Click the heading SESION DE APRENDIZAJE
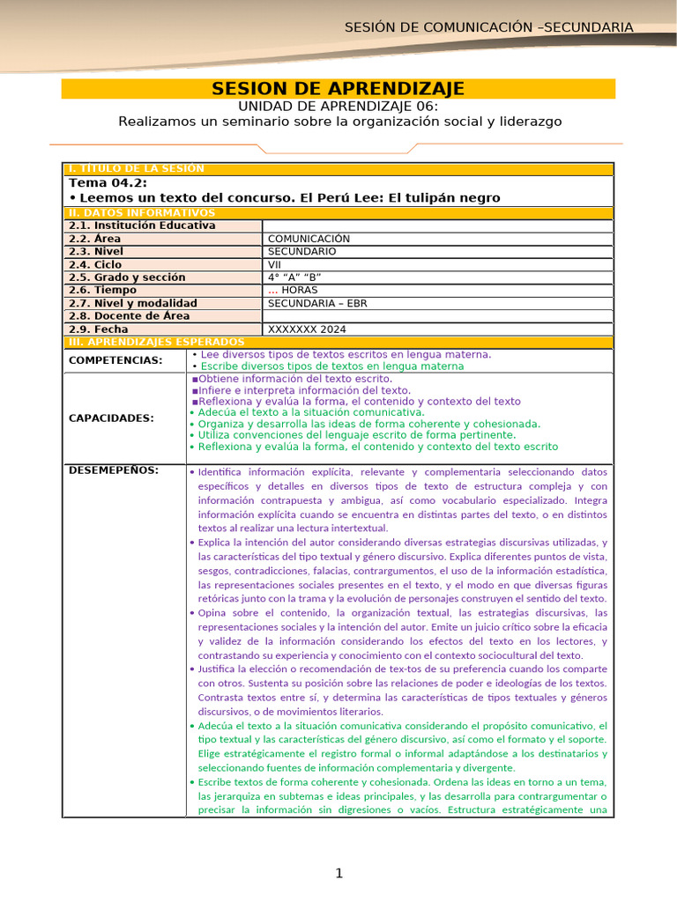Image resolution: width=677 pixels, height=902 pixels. (x=338, y=89)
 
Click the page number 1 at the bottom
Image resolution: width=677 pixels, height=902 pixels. (x=338, y=873)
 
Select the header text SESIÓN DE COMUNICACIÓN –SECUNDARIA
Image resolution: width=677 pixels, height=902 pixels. (x=488, y=27)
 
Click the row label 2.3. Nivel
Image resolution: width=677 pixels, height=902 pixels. (x=96, y=251)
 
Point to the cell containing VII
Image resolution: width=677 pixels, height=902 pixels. (x=275, y=264)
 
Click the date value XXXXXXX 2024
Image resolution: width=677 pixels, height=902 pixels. (x=307, y=329)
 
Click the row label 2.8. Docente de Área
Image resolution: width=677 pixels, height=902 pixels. (x=129, y=316)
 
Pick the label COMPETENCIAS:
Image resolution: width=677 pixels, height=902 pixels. (x=115, y=360)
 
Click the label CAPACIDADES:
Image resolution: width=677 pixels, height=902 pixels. (x=111, y=418)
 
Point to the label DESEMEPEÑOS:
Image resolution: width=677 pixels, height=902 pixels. (x=114, y=469)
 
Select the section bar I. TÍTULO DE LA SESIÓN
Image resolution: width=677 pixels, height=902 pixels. (x=136, y=168)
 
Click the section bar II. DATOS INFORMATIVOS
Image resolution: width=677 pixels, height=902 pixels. (x=141, y=213)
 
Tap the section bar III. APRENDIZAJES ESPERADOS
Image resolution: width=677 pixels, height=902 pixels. (x=156, y=341)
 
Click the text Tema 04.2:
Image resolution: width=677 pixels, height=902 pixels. (x=102, y=182)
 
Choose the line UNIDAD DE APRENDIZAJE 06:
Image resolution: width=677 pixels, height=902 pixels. (x=339, y=106)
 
